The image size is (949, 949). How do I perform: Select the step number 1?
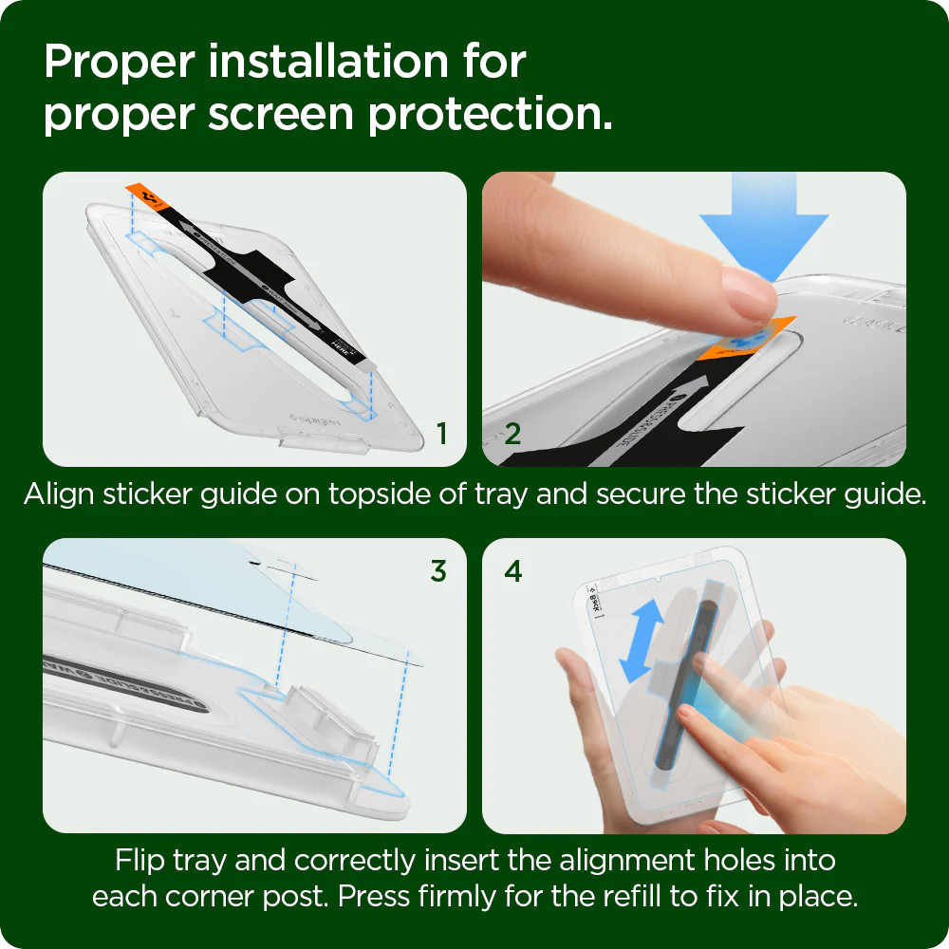click(x=441, y=435)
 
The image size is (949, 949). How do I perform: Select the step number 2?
click(x=512, y=435)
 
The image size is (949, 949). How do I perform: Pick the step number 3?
click(x=437, y=571)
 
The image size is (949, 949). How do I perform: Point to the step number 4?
click(x=513, y=571)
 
